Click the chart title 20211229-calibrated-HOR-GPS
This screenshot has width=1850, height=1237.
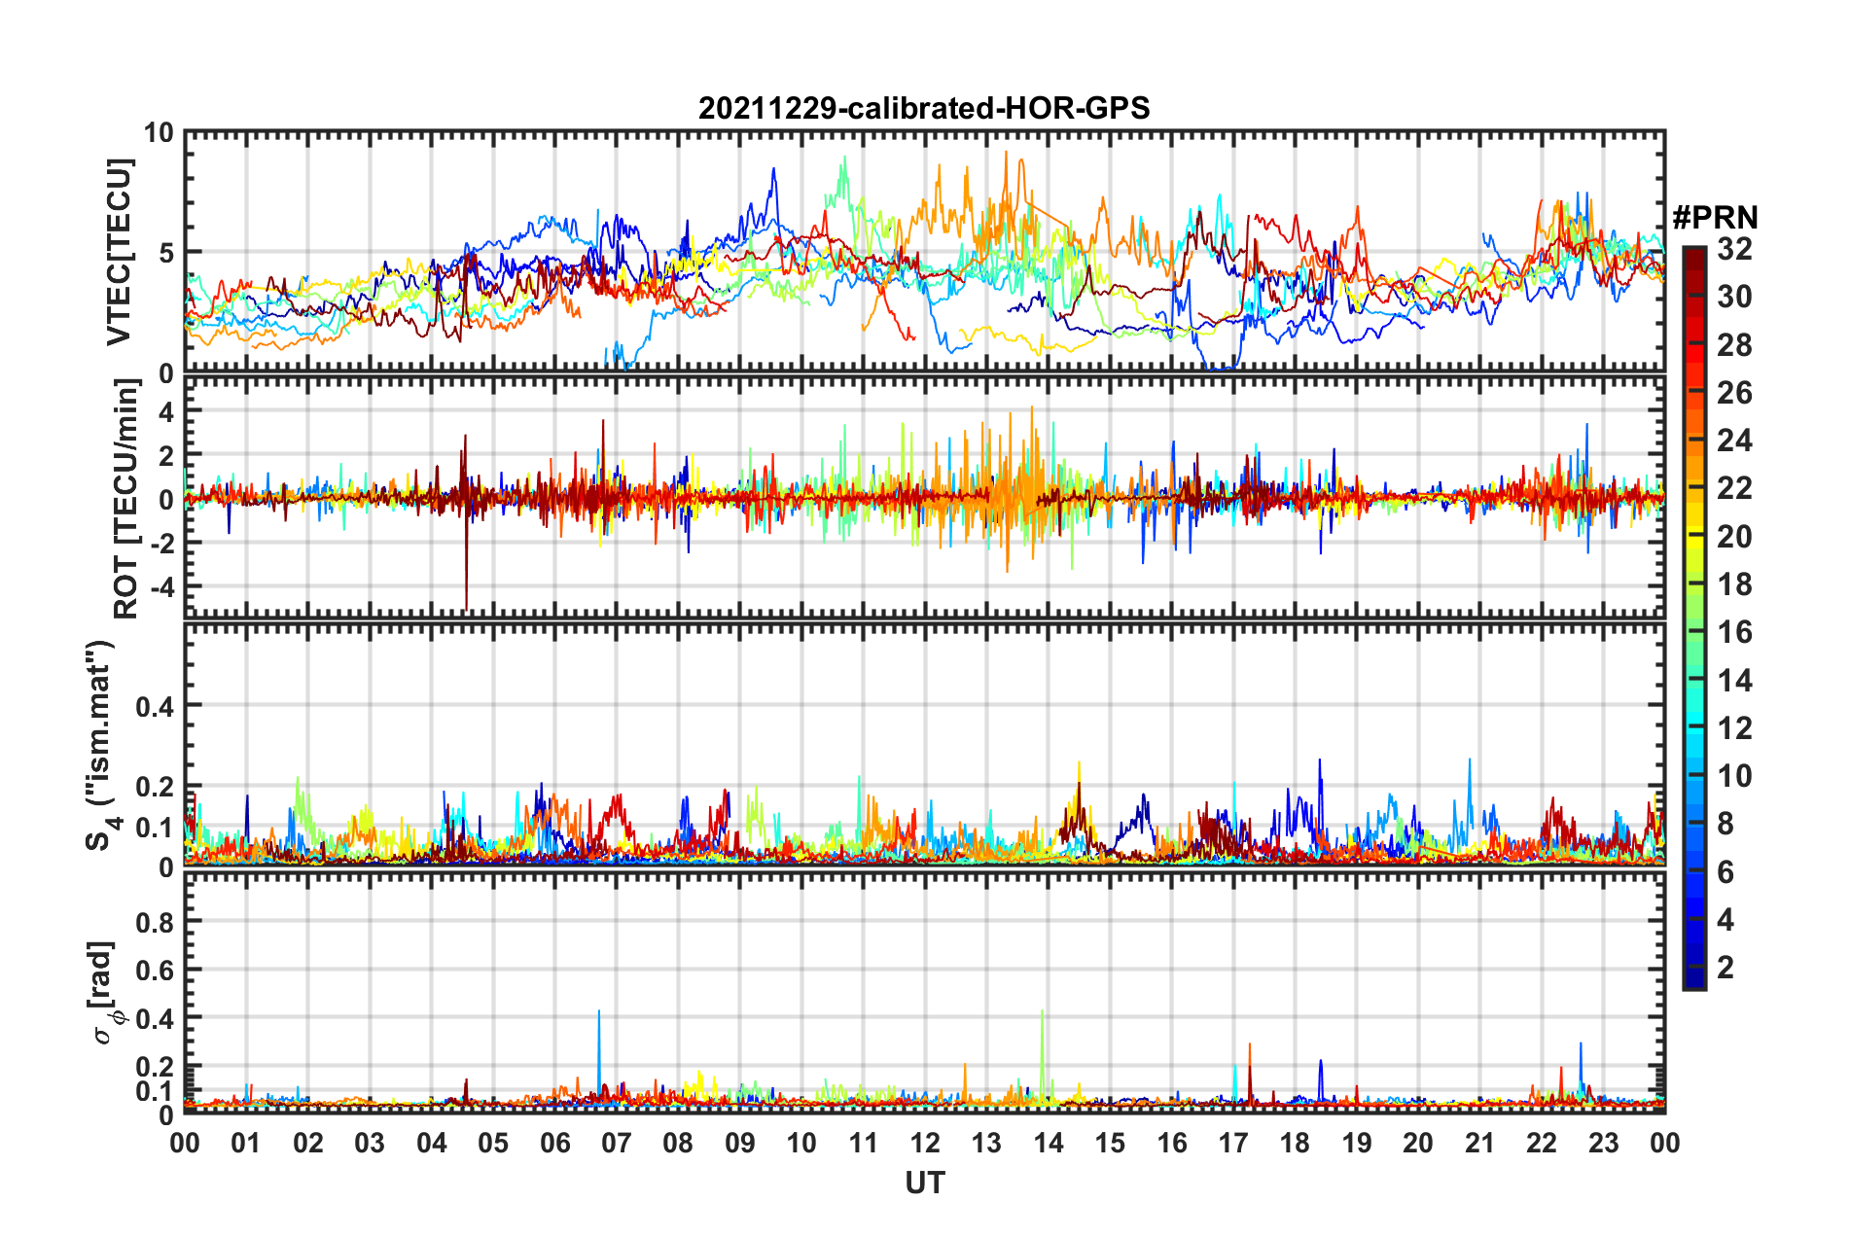pos(924,108)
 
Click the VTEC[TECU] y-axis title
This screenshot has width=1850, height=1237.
pos(119,252)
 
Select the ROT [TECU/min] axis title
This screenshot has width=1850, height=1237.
pos(126,499)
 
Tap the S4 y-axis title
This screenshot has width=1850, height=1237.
pos(101,745)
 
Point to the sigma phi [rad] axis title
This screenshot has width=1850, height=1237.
pos(105,992)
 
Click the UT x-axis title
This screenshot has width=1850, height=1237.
pos(924,1183)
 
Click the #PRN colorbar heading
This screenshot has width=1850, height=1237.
pos(1715,218)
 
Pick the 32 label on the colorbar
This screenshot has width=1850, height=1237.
pos(1734,249)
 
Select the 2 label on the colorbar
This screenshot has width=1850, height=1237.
pos(1725,967)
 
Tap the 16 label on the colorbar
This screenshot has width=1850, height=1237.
pos(1734,632)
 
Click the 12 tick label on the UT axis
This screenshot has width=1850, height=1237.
pos(924,1143)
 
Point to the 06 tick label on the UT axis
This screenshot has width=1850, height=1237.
pos(554,1143)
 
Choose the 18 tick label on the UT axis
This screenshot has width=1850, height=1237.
pos(1295,1143)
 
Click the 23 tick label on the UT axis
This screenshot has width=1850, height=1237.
pos(1603,1143)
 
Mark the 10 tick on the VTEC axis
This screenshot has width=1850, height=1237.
pos(159,133)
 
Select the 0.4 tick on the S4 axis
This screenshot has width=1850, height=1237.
pos(155,706)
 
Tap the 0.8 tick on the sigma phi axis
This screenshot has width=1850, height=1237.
pos(155,922)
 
